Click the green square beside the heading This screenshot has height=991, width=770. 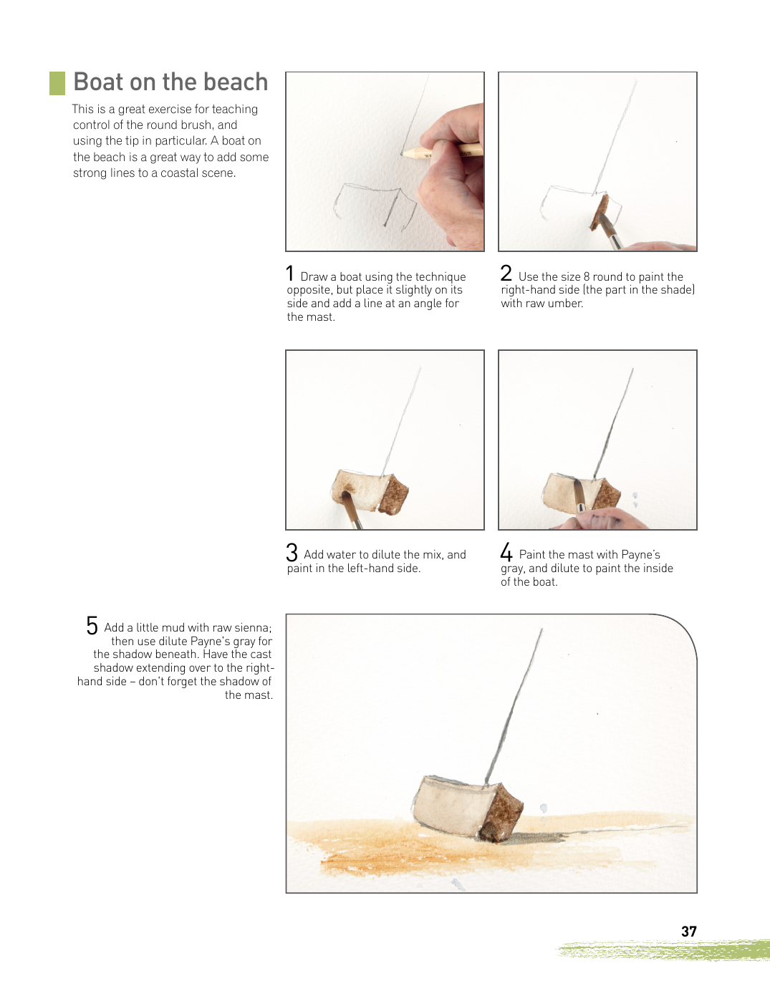pyautogui.click(x=57, y=84)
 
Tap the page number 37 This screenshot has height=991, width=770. pyautogui.click(x=689, y=932)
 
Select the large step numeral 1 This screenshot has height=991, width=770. pyautogui.click(x=289, y=274)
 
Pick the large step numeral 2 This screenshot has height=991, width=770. pyautogui.click(x=506, y=274)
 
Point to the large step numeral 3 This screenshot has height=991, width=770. pyautogui.click(x=292, y=552)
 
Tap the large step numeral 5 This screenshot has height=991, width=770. pyautogui.click(x=92, y=625)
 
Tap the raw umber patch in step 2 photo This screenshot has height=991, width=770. pyautogui.click(x=599, y=213)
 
